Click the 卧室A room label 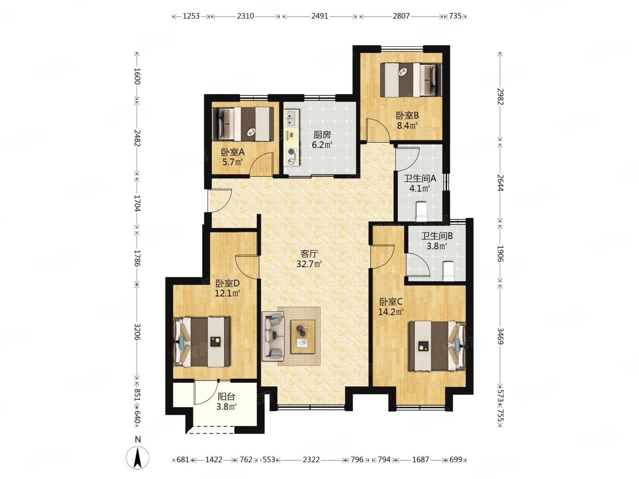232,152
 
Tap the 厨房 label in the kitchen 322,134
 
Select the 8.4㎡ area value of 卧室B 407,125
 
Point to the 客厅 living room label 309,254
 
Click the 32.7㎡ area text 309,264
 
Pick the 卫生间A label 419,178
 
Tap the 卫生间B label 436,236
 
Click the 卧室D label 227,283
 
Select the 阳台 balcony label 226,396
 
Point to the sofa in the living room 273,336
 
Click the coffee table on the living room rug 303,336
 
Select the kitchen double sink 291,118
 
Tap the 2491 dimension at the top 319,16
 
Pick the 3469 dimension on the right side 500,336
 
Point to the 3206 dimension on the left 137,331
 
